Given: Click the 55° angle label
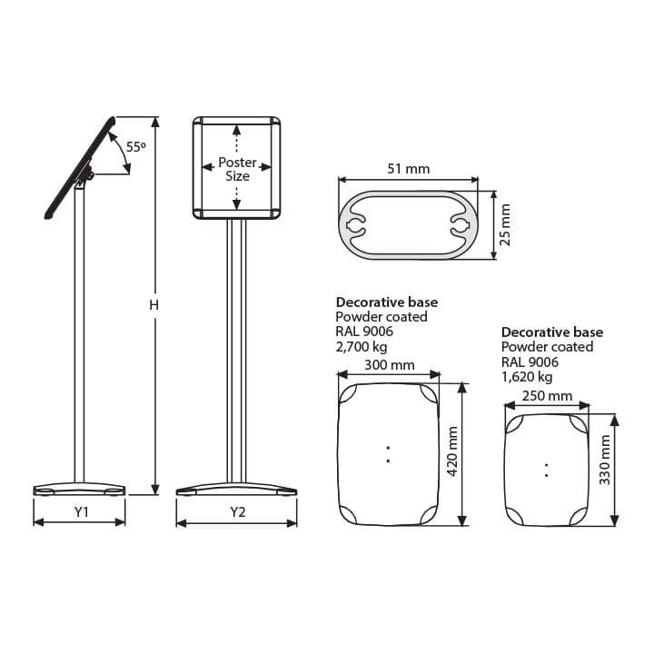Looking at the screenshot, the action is (x=136, y=147).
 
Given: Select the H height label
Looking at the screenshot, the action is (x=154, y=305).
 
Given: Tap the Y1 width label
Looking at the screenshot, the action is (x=82, y=511).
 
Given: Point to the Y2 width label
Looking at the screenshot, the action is (x=238, y=511).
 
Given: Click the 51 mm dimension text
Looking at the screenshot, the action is (x=409, y=169).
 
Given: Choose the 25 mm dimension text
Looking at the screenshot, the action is (x=505, y=225).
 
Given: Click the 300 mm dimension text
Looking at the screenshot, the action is (x=390, y=365).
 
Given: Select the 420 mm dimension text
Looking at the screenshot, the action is (x=452, y=451).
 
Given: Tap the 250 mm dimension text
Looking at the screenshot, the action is (x=547, y=395).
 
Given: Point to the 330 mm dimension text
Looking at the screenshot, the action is (x=605, y=460).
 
